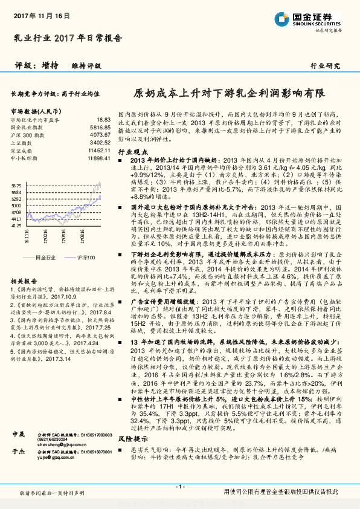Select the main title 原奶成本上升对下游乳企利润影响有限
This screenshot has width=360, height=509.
pyautogui.click(x=228, y=94)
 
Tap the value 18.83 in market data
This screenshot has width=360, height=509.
pyautogui.click(x=103, y=120)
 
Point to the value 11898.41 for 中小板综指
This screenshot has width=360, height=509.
pyautogui.click(x=98, y=157)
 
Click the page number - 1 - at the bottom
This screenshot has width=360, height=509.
pyautogui.click(x=180, y=487)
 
